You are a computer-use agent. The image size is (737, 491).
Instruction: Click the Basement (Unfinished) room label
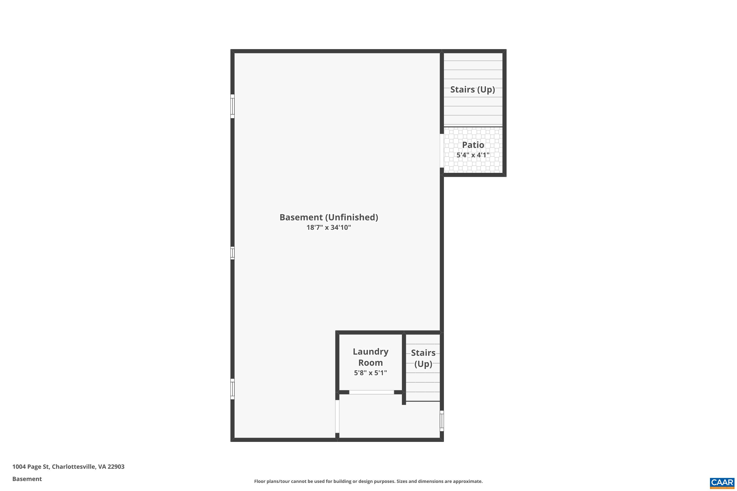329,217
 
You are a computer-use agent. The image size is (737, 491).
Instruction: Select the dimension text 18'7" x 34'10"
329,228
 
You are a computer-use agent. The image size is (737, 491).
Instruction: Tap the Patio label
473,145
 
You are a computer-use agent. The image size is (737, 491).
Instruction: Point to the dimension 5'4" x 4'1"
473,155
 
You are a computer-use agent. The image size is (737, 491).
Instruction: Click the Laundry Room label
370,357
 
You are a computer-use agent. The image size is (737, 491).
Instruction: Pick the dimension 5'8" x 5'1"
370,373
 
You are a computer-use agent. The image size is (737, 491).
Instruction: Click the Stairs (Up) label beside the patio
472,90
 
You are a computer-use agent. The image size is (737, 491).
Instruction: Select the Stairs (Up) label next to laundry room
423,358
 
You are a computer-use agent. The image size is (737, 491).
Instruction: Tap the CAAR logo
722,483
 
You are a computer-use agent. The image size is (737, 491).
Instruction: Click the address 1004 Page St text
31,467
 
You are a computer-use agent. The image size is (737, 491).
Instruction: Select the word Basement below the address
27,479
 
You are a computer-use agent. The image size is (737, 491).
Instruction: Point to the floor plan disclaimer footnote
368,481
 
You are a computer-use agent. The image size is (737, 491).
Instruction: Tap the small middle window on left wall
232,253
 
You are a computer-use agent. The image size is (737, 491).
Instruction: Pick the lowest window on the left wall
232,389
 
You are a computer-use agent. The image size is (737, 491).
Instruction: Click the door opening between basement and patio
442,151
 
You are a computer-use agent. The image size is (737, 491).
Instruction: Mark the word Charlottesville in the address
74,467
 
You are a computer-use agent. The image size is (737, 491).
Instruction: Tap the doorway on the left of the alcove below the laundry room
337,416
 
